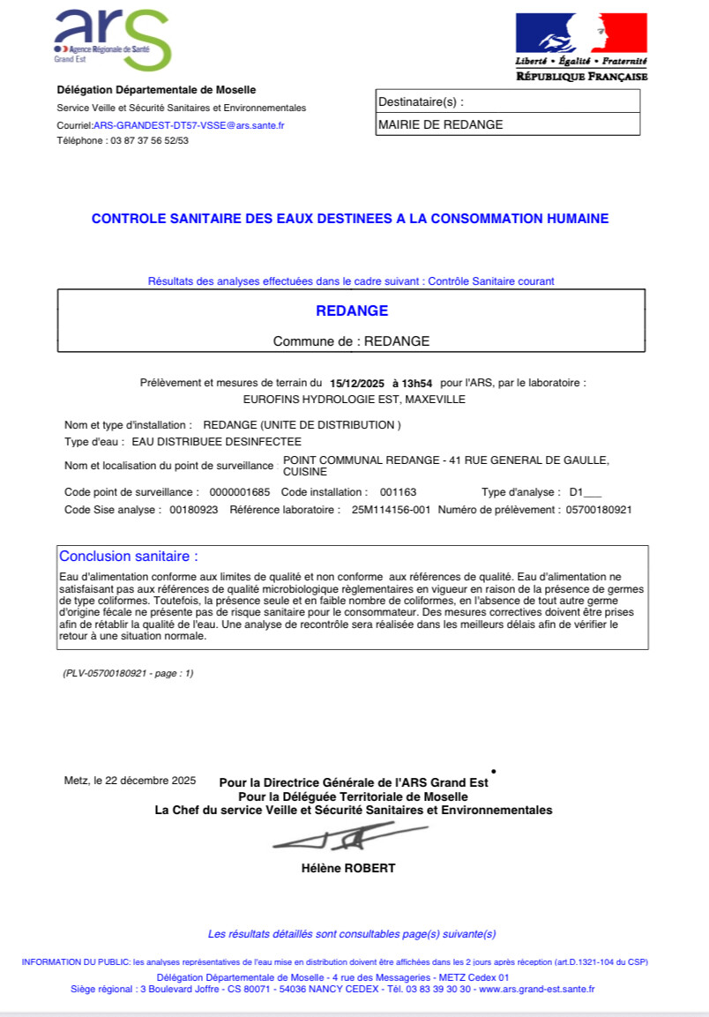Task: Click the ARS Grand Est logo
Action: tap(113, 40)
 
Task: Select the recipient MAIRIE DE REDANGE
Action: tap(441, 125)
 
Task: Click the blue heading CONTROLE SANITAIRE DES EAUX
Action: tap(350, 219)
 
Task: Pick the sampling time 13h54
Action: tap(414, 384)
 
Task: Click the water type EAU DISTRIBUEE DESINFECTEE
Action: tap(216, 441)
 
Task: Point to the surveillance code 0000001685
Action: tap(237, 491)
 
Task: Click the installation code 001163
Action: tap(398, 491)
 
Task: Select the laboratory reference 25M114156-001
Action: tap(391, 510)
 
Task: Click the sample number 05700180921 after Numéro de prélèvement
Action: tap(598, 510)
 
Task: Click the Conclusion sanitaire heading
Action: tap(129, 557)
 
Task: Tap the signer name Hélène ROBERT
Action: tap(348, 868)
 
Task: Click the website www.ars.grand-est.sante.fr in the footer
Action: tap(537, 989)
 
